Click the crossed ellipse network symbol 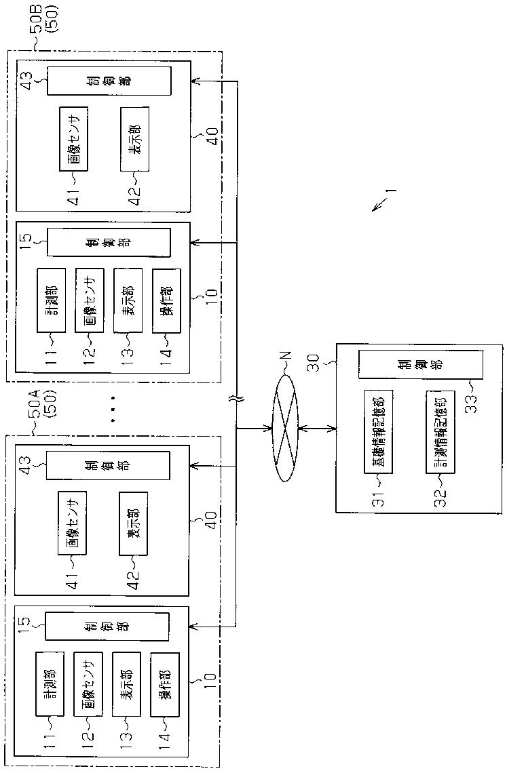click(x=286, y=429)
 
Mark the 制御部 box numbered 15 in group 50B click(x=109, y=242)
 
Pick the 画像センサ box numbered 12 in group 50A click(x=88, y=685)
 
